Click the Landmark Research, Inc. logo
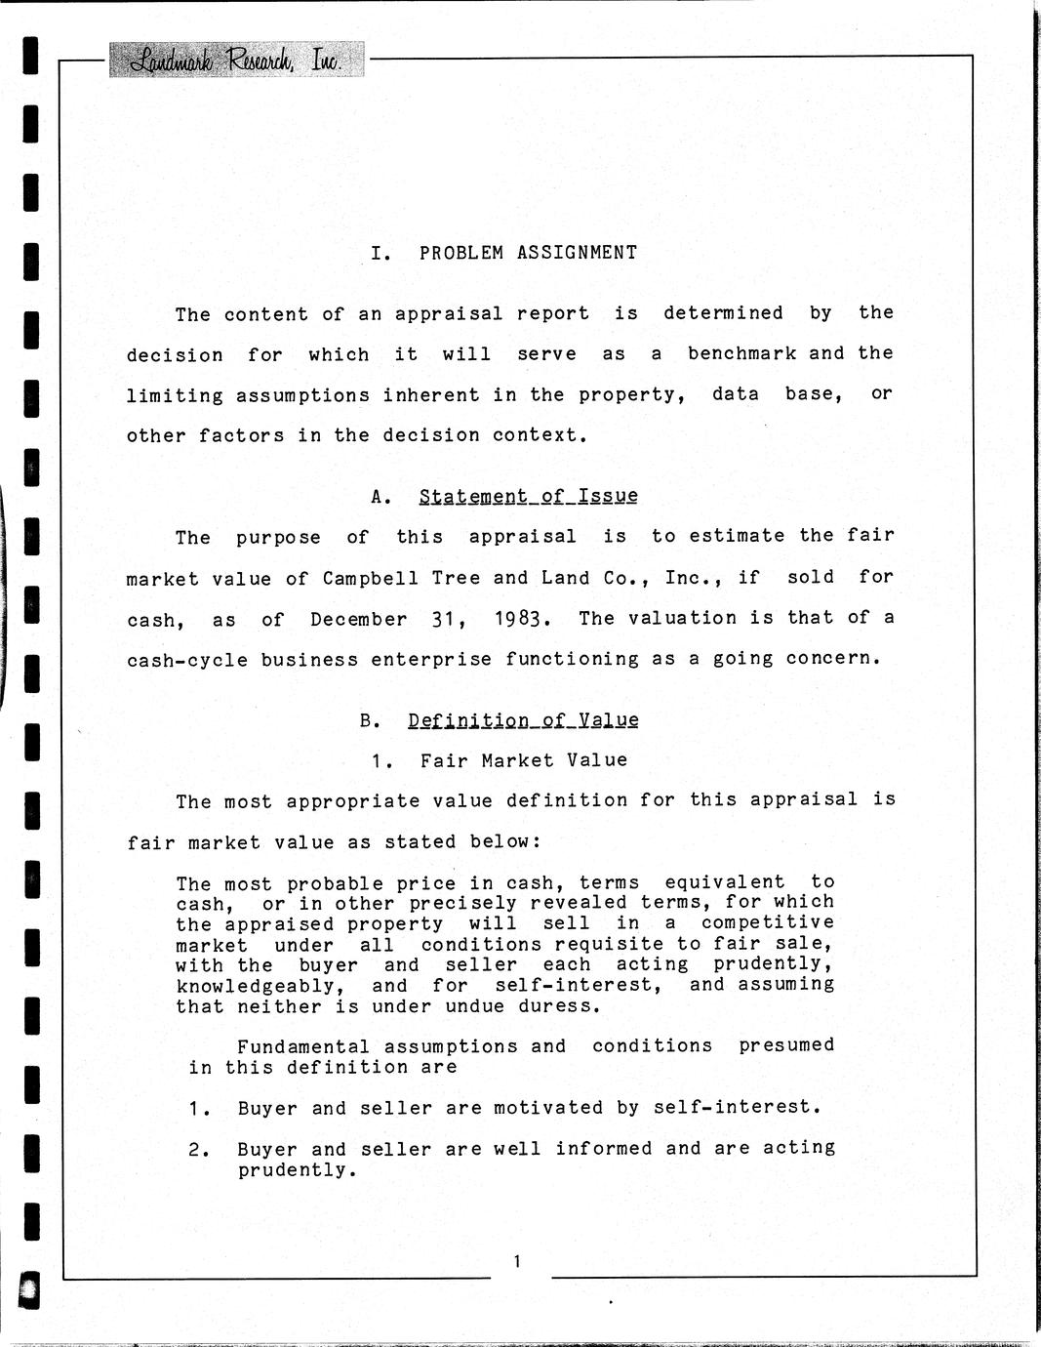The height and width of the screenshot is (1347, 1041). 236,61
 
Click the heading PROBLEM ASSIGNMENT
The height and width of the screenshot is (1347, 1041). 528,253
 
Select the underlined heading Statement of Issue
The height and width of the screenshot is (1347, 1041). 528,496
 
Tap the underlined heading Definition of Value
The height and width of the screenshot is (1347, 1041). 523,720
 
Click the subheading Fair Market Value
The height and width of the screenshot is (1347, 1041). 524,760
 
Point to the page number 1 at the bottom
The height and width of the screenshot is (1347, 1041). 517,1262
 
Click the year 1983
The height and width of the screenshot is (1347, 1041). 510,619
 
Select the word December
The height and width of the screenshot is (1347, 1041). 358,619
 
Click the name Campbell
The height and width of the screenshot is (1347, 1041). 371,578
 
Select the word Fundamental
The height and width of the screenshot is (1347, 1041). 303,1046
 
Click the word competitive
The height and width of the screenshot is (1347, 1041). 767,922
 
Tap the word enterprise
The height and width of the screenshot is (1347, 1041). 430,660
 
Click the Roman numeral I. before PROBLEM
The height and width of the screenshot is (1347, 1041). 381,253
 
